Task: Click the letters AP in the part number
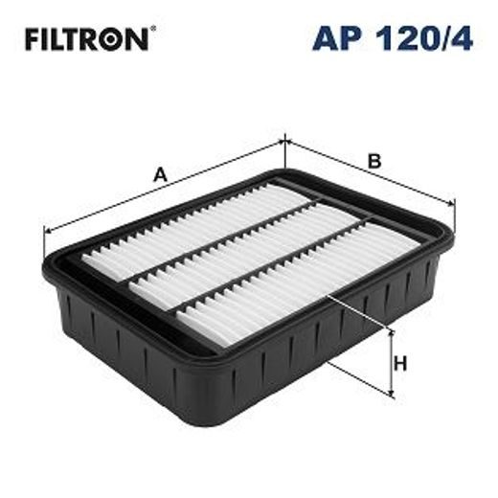pos(334,39)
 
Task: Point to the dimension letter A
pos(161,174)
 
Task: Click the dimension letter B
pos(374,161)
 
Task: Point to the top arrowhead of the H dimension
pos(392,331)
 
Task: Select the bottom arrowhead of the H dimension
pos(392,394)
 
